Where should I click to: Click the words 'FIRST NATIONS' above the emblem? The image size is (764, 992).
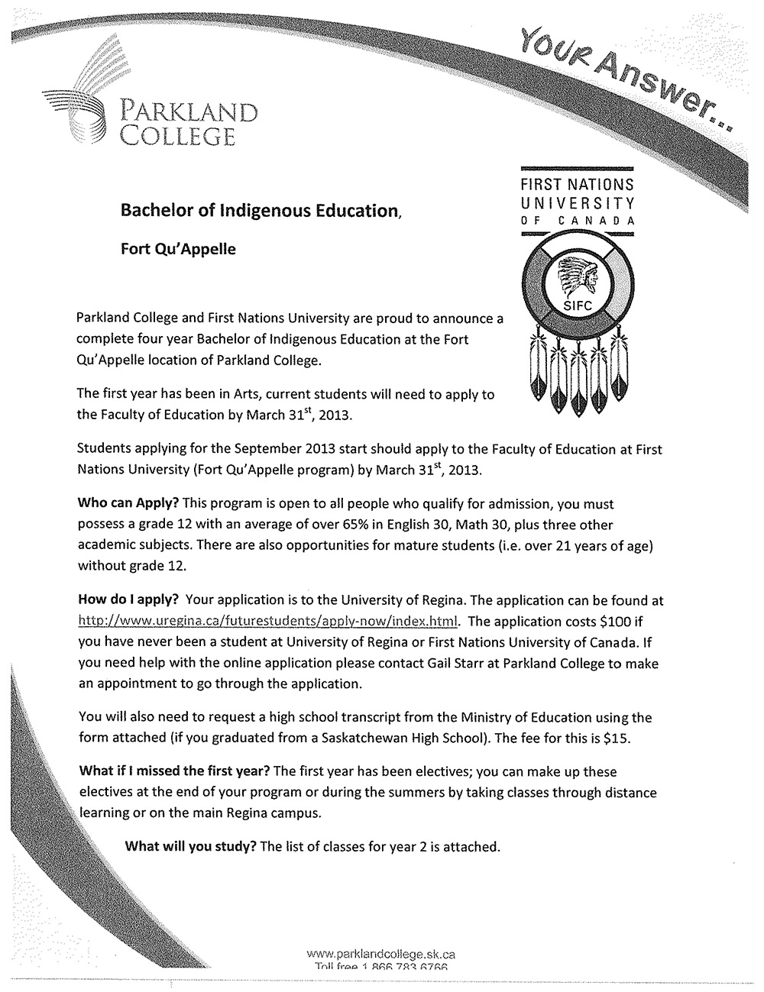tap(578, 185)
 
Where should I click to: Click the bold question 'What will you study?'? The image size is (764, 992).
tap(190, 846)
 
